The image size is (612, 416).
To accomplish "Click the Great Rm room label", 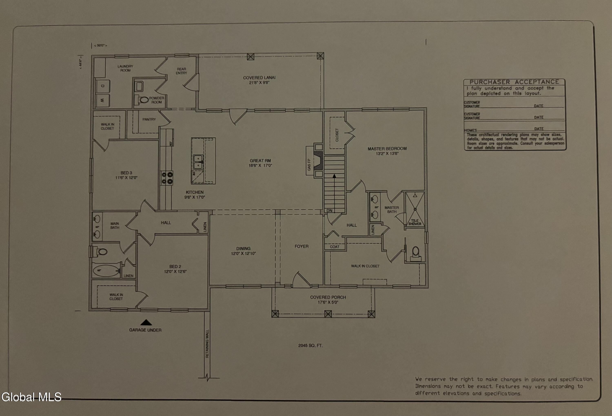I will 260,160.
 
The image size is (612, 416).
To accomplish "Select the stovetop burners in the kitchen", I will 167,178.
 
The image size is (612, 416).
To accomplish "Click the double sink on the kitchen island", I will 198,162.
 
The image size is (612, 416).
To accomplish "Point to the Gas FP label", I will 309,165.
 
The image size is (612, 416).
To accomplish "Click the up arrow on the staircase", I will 334,176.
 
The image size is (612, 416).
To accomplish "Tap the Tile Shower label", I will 415,222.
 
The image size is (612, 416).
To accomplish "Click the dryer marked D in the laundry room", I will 102,86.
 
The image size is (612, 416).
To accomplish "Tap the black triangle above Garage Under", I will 146,322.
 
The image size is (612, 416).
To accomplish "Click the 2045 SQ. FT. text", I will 310,345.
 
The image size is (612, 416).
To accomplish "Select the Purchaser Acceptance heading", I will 514,82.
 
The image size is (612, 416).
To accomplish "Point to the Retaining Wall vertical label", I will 207,344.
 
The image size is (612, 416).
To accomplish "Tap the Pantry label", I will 149,119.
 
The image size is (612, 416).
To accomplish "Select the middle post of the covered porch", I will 328,314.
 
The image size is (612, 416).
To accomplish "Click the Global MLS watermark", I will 31,397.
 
